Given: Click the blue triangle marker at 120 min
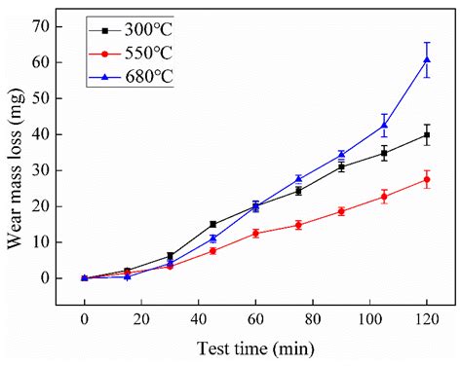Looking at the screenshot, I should click(x=427, y=60).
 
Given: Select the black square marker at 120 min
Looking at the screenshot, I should click(x=427, y=135).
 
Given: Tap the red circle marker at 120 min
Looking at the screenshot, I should click(x=427, y=179).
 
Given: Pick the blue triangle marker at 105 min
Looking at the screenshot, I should click(x=384, y=126).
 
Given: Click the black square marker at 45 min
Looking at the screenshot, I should click(x=212, y=224).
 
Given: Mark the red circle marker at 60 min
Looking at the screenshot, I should click(x=255, y=234).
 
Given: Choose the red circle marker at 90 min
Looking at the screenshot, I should click(x=341, y=211).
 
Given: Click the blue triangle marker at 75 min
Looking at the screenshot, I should click(x=298, y=179).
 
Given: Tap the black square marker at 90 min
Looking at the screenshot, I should click(x=341, y=166).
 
